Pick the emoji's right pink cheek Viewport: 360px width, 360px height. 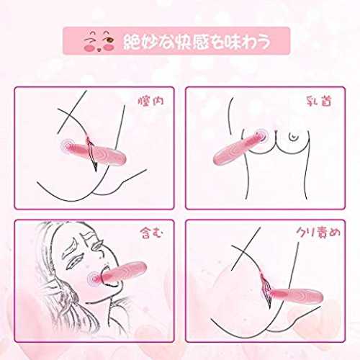(x=109, y=47)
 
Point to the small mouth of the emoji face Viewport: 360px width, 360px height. (x=99, y=50)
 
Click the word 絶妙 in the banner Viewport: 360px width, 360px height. (x=138, y=42)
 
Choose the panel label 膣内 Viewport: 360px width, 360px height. (x=151, y=101)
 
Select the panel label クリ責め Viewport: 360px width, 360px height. (x=318, y=233)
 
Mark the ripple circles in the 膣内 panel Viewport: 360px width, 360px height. (x=68, y=145)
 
